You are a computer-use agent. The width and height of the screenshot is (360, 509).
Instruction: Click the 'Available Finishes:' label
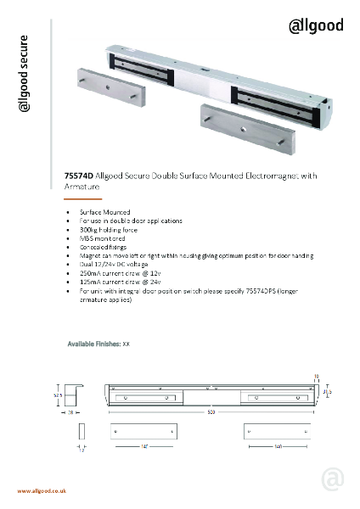pyautogui.click(x=93, y=344)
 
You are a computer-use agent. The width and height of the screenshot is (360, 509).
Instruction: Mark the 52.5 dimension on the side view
pyautogui.click(x=59, y=394)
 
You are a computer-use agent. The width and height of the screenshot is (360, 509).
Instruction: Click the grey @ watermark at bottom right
pyautogui.click(x=331, y=478)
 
